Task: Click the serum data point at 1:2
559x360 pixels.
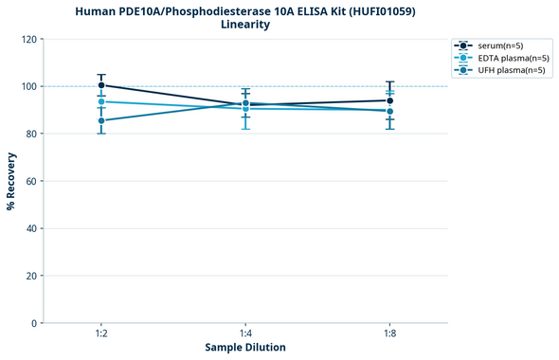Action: [x=101, y=85]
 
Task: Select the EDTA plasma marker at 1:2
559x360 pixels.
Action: [x=101, y=101]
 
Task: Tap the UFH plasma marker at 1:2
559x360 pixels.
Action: [x=101, y=120]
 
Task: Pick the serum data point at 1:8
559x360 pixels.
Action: [x=389, y=100]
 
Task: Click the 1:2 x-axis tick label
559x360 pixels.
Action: [x=101, y=333]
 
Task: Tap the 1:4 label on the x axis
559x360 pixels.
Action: [x=245, y=333]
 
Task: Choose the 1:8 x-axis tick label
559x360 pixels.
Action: [x=389, y=333]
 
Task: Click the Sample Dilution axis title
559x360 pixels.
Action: [x=245, y=348]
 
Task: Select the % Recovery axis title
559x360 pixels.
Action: [x=10, y=180]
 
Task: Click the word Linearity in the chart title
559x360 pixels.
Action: [x=245, y=25]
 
